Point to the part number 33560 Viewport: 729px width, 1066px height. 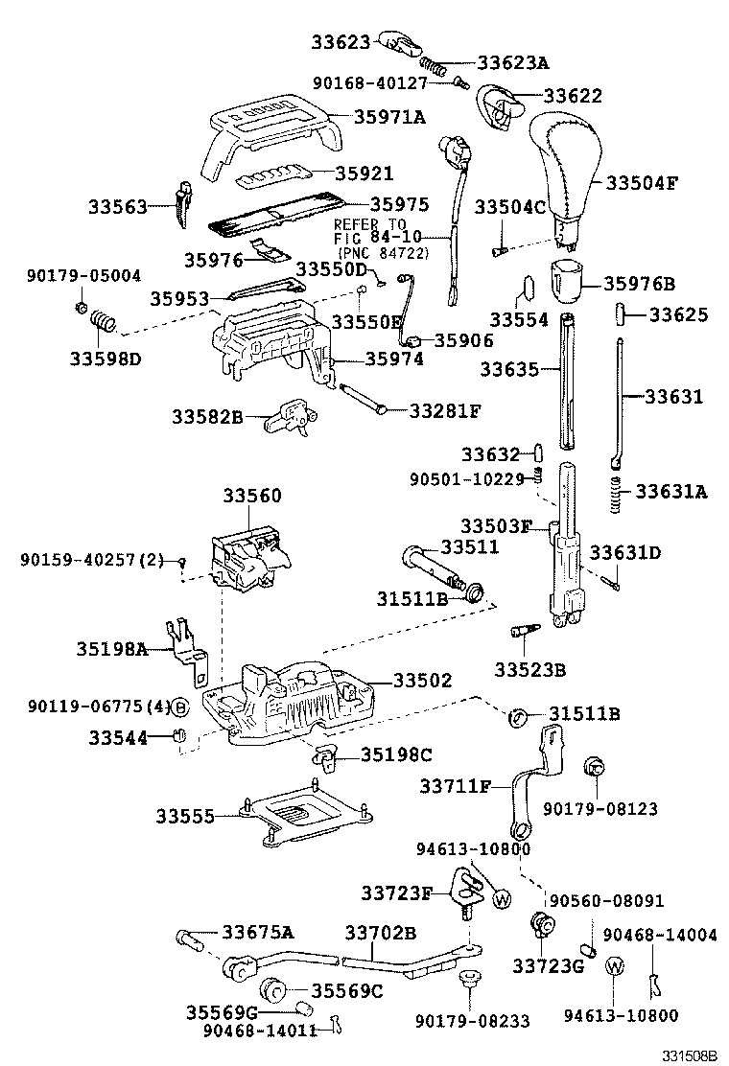pyautogui.click(x=252, y=496)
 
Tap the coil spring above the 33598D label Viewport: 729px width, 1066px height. pyautogui.click(x=103, y=326)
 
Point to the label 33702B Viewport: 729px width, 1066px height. pyautogui.click(x=380, y=932)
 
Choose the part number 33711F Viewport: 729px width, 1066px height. pyautogui.click(x=455, y=786)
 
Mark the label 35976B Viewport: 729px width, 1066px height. pyautogui.click(x=640, y=283)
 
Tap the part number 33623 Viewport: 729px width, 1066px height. pyautogui.click(x=341, y=41)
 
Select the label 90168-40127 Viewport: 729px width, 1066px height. pyautogui.click(x=381, y=82)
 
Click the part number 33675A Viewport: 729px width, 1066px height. pyautogui.click(x=258, y=932)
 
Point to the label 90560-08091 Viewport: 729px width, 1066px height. pyautogui.click(x=606, y=901)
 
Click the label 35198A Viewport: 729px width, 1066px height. pyautogui.click(x=111, y=649)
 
